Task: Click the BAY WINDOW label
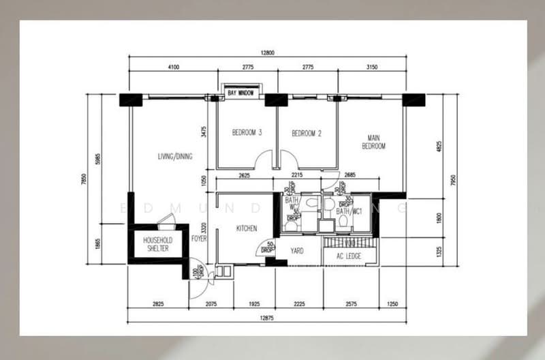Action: coord(241,92)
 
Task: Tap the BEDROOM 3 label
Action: coord(247,133)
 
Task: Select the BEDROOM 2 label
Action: coord(307,134)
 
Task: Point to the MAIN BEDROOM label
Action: coord(373,142)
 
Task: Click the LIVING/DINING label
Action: coord(175,156)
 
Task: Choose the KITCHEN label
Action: coord(246,228)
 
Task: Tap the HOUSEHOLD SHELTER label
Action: coord(157,245)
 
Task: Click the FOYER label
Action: coord(199,239)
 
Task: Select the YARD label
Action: coord(297,251)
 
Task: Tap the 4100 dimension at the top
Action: coord(172,67)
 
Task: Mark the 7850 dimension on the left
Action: coord(84,179)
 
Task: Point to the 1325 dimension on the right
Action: coord(439,251)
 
